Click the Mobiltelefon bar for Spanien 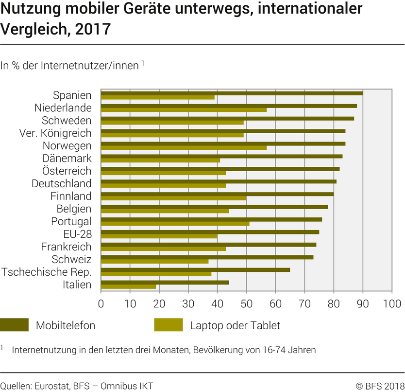(x=232, y=93)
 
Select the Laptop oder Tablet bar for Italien (x=128, y=287)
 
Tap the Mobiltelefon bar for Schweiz (x=207, y=257)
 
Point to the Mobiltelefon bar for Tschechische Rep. (x=195, y=269)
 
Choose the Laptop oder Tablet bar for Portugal (x=175, y=224)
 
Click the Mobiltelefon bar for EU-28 (x=210, y=232)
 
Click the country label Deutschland (x=61, y=183)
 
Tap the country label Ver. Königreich (x=55, y=133)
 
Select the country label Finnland (x=71, y=196)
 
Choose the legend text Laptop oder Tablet (x=235, y=325)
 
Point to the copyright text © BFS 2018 (x=380, y=386)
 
